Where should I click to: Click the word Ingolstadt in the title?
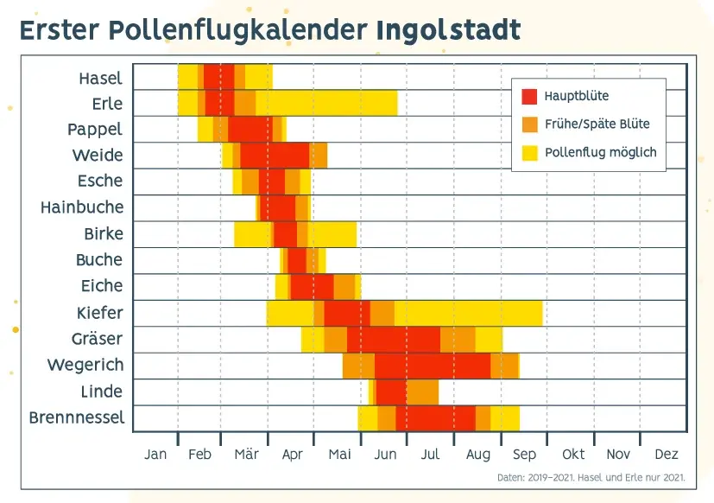(x=448, y=30)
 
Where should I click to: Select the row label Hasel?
(x=100, y=78)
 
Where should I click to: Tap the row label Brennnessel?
(x=76, y=418)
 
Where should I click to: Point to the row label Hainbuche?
(x=82, y=207)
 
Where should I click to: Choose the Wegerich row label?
(x=85, y=366)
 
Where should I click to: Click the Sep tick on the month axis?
(x=523, y=455)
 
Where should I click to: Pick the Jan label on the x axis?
(x=155, y=455)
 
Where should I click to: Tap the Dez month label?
(x=667, y=455)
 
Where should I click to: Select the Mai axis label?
(x=339, y=455)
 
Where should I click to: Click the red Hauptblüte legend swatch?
(x=529, y=96)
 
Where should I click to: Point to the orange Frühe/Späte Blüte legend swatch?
(x=529, y=124)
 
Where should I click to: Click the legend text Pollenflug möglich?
(x=601, y=153)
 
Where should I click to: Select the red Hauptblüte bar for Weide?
(x=275, y=156)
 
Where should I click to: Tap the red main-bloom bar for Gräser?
(x=394, y=339)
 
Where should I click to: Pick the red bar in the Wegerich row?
(x=433, y=366)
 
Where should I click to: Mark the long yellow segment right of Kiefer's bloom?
(x=468, y=313)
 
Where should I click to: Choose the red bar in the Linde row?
(x=391, y=392)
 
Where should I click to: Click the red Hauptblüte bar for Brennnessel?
(x=436, y=418)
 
